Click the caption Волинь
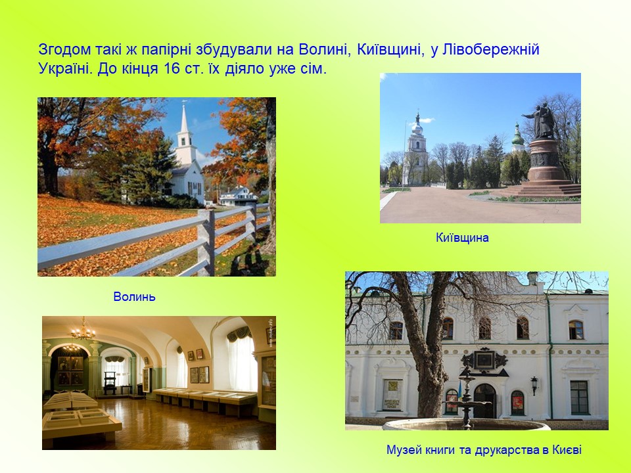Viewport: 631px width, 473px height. click(134, 297)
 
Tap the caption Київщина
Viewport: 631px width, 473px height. click(462, 238)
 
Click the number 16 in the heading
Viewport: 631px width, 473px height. click(172, 69)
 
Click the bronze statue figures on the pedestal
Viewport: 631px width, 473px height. click(540, 120)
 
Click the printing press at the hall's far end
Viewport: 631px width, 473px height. click(110, 382)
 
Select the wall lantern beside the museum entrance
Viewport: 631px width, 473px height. click(534, 386)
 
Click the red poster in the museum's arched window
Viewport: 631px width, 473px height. click(517, 403)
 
